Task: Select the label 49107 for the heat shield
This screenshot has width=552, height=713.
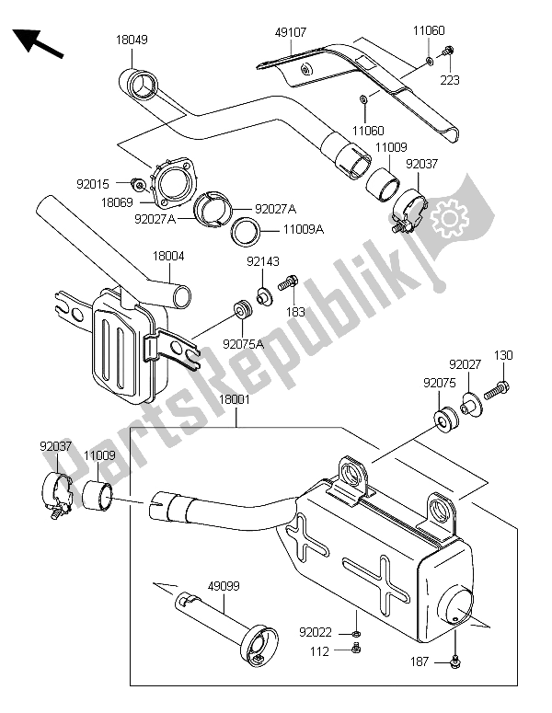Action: [290, 31]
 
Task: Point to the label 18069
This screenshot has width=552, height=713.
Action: [115, 201]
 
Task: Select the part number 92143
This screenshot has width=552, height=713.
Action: [261, 263]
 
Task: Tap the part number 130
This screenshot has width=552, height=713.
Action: [503, 355]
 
